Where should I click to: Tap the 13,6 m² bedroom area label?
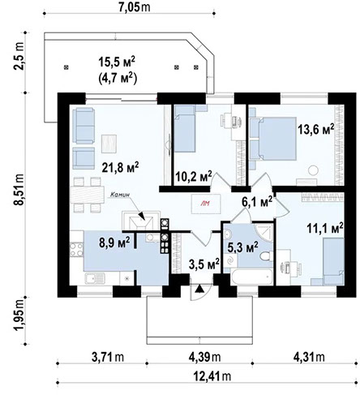pyautogui.click(x=315, y=129)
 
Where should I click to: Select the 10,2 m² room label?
pyautogui.click(x=194, y=174)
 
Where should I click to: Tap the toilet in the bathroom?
pyautogui.click(x=265, y=258)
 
